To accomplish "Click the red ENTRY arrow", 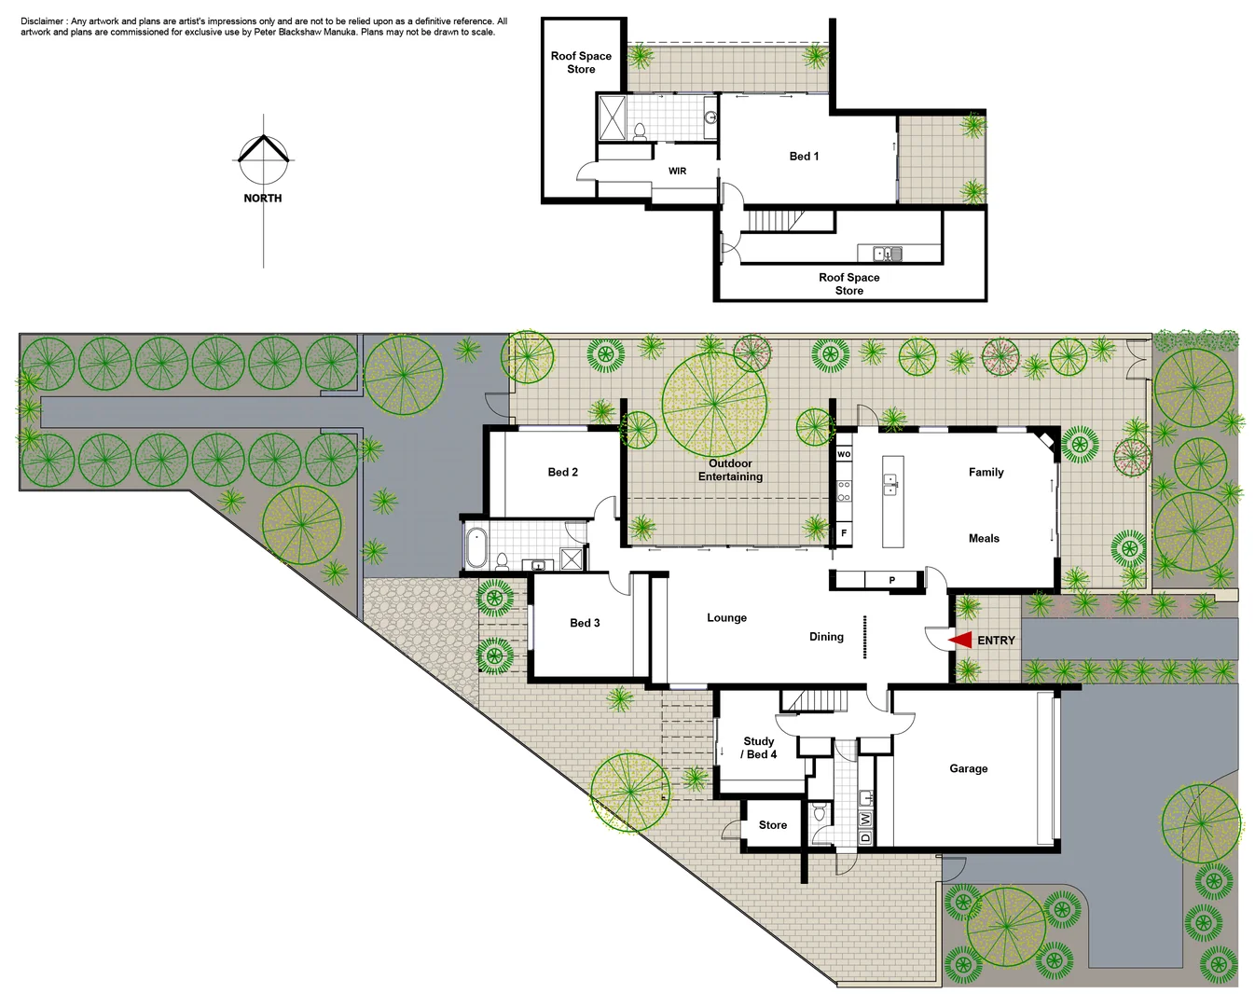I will (960, 641).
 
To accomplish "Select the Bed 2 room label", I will (562, 472).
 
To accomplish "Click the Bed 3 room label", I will (585, 623).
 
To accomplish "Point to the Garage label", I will (968, 768).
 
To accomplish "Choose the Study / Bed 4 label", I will (759, 748).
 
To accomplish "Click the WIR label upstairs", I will (677, 171).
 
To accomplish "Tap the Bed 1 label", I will (804, 156).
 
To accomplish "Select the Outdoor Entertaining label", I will (730, 470).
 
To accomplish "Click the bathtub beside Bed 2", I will (476, 547).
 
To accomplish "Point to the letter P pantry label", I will (891, 580).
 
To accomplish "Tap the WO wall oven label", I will (844, 454).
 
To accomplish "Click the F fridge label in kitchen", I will (844, 533).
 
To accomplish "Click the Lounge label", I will (726, 617).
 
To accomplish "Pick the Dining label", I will (826, 637).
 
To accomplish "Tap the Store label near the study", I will (772, 825).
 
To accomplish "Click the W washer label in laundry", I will (865, 819).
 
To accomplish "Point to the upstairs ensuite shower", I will (613, 117).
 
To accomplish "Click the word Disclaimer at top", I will (43, 21).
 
